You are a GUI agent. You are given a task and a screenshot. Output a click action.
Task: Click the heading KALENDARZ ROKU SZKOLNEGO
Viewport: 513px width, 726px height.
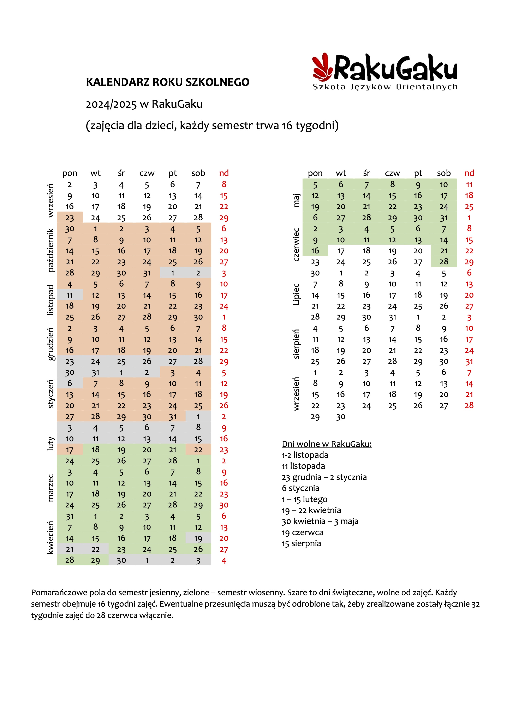168,82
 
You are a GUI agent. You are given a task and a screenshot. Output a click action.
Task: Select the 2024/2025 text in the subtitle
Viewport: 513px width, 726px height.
111,104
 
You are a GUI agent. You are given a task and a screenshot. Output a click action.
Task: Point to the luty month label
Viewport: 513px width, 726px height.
50,444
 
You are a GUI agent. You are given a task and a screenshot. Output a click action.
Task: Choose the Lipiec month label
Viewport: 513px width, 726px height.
296,294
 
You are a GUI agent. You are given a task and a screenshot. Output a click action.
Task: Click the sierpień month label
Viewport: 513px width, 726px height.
296,344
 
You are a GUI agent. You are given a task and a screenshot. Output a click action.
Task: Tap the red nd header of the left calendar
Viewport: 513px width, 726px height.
224,173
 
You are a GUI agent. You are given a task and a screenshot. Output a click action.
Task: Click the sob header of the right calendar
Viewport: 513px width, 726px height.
444,173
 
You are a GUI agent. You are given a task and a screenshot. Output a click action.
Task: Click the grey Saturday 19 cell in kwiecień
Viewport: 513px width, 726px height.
198,538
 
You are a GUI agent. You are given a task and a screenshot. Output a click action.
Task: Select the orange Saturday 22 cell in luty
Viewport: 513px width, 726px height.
198,450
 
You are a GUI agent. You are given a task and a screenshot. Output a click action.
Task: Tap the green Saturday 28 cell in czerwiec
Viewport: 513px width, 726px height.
444,262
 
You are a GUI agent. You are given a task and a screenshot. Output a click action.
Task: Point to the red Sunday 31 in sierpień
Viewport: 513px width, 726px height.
469,361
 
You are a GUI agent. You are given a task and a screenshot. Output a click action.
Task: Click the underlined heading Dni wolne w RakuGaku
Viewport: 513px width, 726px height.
327,444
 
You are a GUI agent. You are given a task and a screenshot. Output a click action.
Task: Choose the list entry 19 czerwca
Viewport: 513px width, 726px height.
303,532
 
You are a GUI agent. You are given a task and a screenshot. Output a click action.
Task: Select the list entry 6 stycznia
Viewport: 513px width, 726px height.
301,488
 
